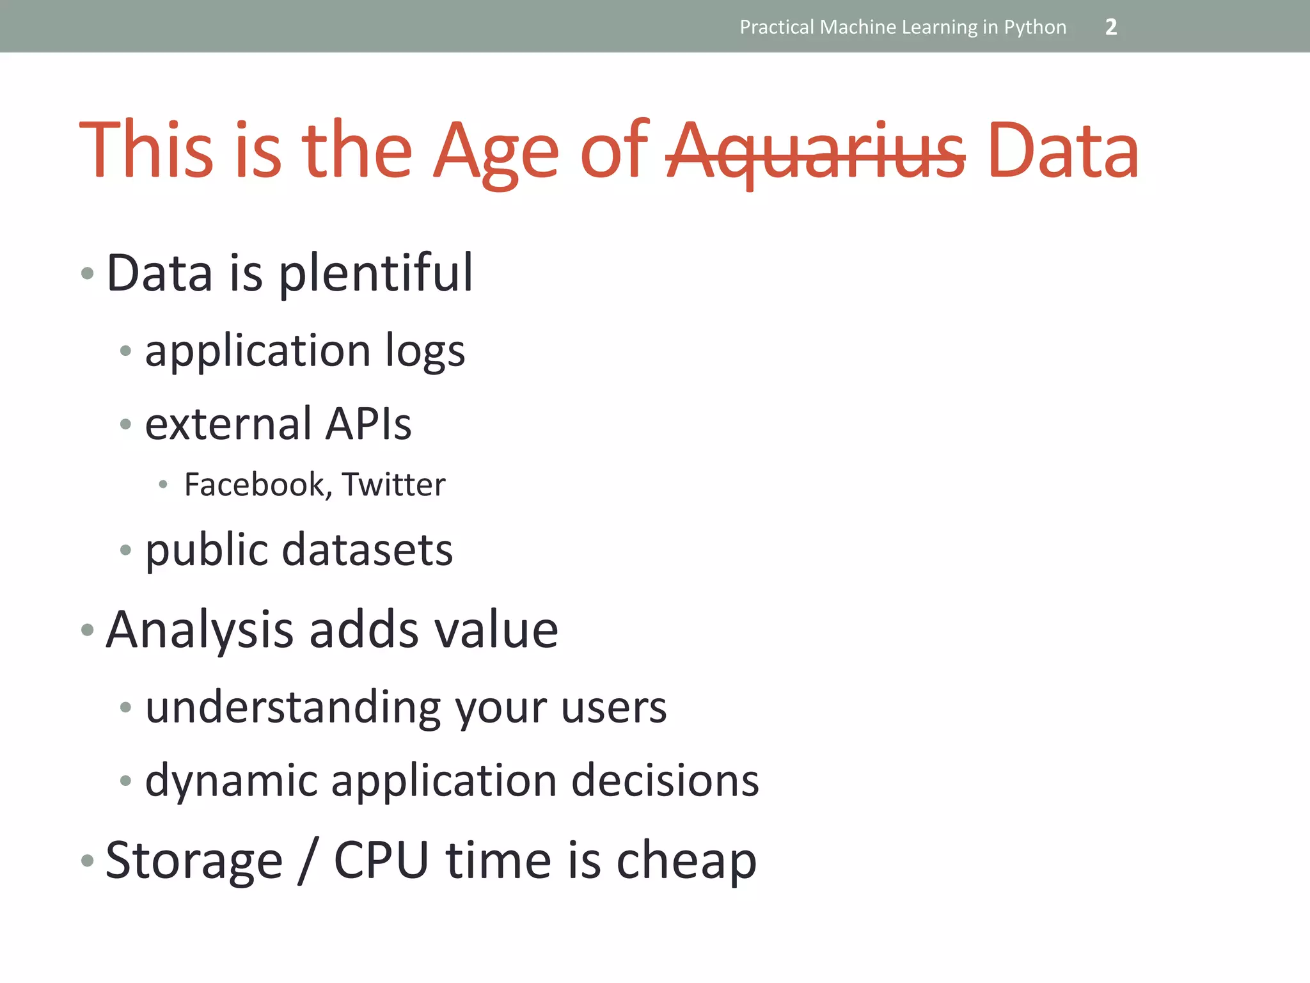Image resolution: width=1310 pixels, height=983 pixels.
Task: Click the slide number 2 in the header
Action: point(1111,27)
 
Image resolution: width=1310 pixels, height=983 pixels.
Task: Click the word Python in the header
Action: point(1035,27)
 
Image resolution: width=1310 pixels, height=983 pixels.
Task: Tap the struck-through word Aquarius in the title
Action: point(816,152)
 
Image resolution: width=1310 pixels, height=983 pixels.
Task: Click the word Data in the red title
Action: point(1062,151)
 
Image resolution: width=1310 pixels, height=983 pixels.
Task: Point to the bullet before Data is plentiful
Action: point(88,275)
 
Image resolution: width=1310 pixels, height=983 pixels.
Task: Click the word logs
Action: point(425,352)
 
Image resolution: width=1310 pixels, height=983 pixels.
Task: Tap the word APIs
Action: point(368,424)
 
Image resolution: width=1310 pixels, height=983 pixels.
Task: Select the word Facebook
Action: point(255,484)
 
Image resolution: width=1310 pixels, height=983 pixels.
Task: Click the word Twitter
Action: point(393,484)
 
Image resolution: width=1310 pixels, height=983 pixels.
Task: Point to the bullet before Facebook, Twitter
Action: point(163,485)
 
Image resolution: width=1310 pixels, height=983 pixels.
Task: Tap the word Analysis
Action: point(199,631)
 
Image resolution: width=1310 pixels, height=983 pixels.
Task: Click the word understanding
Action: point(292,708)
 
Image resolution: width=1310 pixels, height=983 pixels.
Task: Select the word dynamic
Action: point(231,782)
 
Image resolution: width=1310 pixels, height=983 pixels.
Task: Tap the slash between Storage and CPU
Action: point(308,861)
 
